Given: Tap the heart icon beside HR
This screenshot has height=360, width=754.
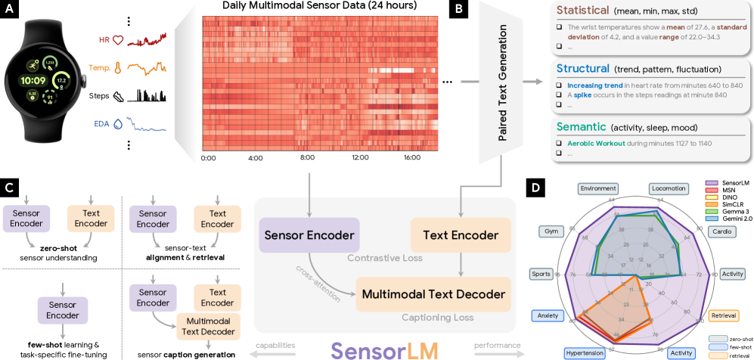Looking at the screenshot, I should click(x=117, y=39).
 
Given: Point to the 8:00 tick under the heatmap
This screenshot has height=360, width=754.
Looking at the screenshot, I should click(x=308, y=158).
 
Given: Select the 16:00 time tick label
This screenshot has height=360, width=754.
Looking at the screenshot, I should click(x=412, y=158).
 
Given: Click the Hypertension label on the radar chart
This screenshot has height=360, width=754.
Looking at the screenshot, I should click(x=586, y=352).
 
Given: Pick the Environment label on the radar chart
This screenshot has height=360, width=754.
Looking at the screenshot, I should click(x=599, y=188).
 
